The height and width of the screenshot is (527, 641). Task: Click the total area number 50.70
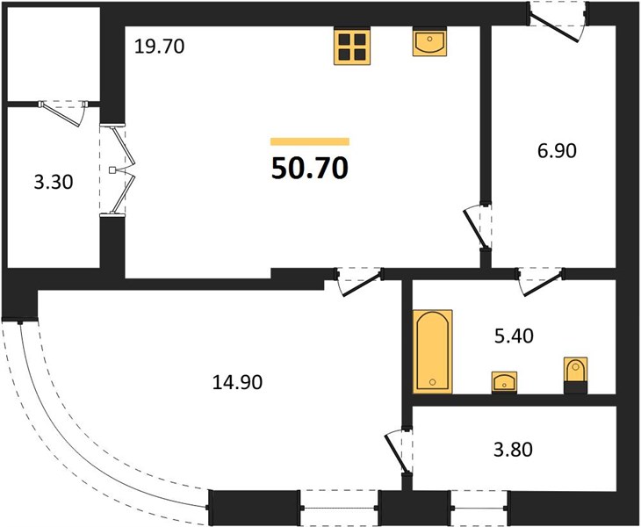(x=309, y=168)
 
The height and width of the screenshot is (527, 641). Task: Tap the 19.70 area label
(x=160, y=47)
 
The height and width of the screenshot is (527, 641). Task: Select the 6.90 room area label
(x=557, y=151)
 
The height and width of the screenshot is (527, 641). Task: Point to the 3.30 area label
(x=54, y=182)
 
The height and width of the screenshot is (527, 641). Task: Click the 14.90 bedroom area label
(x=237, y=382)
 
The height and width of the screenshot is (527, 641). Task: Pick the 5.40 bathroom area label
(x=514, y=336)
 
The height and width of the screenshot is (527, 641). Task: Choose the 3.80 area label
(x=513, y=450)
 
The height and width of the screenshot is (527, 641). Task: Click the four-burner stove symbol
(x=352, y=47)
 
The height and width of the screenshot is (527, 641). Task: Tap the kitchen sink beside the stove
(x=429, y=41)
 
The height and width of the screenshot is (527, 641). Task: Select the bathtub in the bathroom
(x=433, y=351)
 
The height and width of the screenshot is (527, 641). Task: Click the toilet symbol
(x=576, y=375)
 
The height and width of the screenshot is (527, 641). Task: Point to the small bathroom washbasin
(x=504, y=383)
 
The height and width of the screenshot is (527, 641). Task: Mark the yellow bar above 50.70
(x=310, y=141)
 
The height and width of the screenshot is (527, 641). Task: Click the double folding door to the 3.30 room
(x=119, y=169)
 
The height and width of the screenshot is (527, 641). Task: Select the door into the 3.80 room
(x=400, y=451)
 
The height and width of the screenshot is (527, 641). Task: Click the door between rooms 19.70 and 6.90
(x=478, y=227)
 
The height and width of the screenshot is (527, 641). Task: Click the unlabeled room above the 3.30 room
(x=54, y=54)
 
